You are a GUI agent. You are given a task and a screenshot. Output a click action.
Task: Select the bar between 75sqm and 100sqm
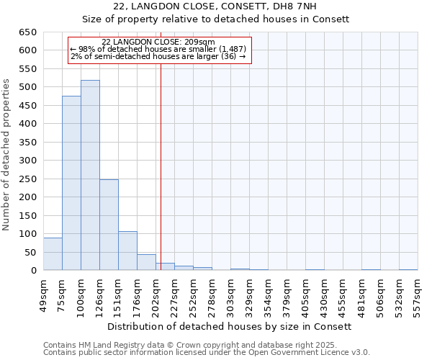tap(71, 183)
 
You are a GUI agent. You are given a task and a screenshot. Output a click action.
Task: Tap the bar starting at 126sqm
tap(109, 225)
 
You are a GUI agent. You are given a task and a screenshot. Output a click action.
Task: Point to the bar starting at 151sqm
tap(127, 251)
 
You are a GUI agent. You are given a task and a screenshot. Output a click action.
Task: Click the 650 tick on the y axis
tap(27, 32)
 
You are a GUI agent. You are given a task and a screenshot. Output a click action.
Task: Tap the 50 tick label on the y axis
tap(30, 253)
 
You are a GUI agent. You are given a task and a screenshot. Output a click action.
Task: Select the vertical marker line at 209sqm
tap(161, 166)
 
